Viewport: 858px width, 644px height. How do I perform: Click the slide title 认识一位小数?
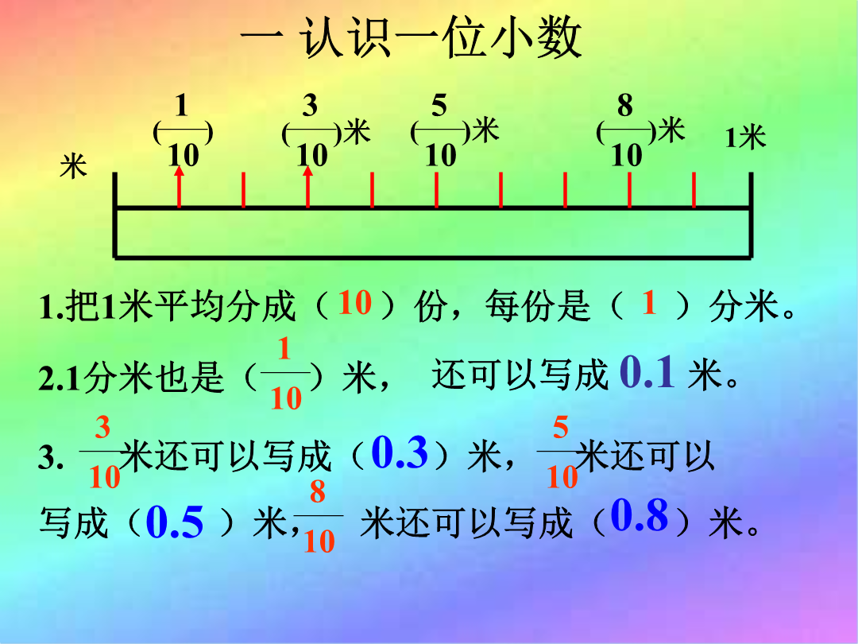[441, 38]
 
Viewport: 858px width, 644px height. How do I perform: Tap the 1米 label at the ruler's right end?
[745, 137]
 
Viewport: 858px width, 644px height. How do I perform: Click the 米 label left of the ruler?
[73, 165]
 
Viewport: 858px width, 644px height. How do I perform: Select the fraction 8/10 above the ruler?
[625, 130]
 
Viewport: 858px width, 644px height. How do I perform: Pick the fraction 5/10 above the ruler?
[440, 130]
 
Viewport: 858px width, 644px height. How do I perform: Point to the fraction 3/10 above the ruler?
[311, 130]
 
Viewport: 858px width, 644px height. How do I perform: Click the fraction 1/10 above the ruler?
[183, 130]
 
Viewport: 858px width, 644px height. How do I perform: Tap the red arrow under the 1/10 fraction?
[179, 187]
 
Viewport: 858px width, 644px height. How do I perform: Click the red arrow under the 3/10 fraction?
[308, 187]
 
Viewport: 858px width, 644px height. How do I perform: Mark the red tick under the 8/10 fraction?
[629, 190]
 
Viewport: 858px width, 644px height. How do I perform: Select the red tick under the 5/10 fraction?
[436, 190]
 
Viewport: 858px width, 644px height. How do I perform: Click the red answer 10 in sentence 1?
[355, 302]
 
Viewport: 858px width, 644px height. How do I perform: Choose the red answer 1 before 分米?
[649, 302]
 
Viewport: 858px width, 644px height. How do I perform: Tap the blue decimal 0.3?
[400, 452]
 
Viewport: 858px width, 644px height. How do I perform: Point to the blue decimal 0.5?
[175, 521]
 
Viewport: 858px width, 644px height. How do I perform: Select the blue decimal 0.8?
[639, 514]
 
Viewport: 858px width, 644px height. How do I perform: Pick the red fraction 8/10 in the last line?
[319, 516]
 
